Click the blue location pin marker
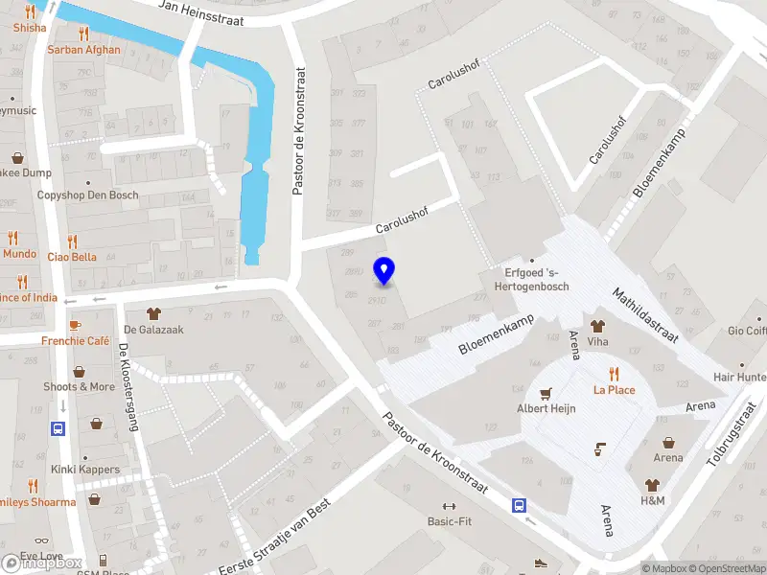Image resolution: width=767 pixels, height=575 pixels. point(383,270)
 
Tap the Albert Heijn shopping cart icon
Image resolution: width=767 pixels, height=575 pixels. point(546,393)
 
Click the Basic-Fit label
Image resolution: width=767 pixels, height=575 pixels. point(448,522)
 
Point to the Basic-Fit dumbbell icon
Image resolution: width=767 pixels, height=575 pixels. point(448,506)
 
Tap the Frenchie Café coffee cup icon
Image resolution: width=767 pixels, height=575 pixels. point(76,324)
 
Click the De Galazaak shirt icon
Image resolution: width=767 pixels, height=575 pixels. point(153,312)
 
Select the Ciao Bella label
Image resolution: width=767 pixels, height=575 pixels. point(72,257)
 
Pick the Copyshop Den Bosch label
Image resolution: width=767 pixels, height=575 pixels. point(87,195)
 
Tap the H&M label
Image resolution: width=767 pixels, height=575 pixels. point(653,501)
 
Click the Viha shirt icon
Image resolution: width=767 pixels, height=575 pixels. point(598,326)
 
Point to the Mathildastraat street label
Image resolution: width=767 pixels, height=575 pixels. point(645,314)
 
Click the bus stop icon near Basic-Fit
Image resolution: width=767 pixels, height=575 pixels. point(519,505)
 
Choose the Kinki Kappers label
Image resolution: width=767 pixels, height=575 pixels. point(86,470)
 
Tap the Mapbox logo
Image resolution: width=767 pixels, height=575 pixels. point(42,563)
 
